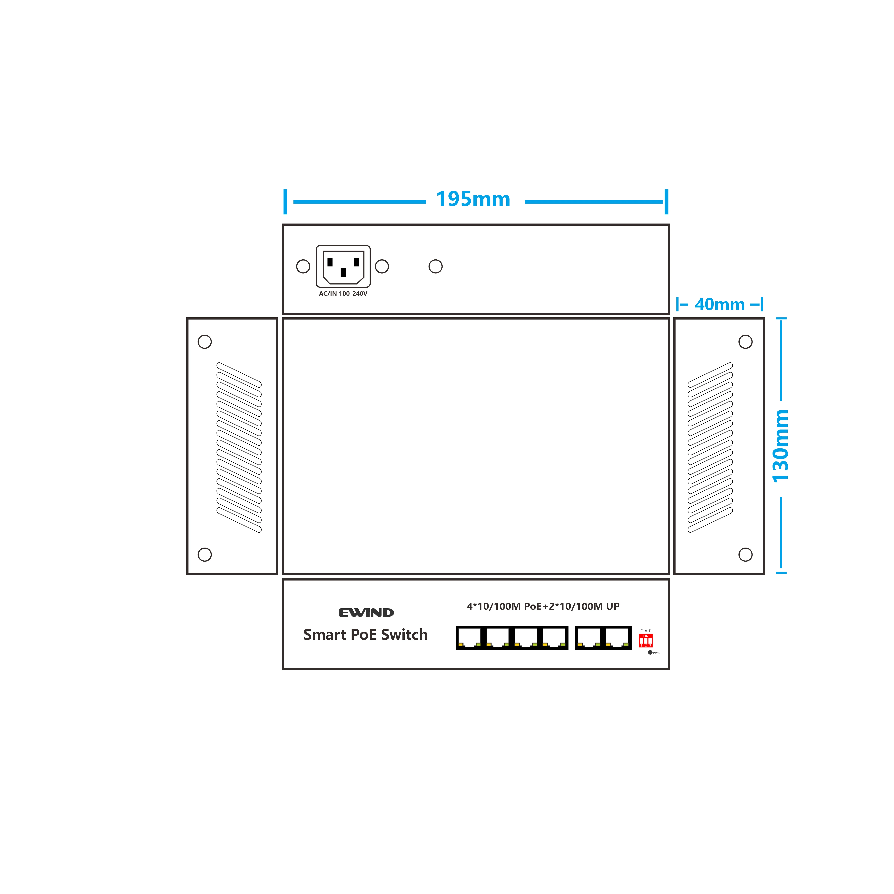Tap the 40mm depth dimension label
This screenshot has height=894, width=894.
(720, 304)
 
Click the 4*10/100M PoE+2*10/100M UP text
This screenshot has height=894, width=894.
(543, 606)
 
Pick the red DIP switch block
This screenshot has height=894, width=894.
(646, 641)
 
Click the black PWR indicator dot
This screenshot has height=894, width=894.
(650, 652)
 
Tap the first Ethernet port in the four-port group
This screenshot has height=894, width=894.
(469, 638)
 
